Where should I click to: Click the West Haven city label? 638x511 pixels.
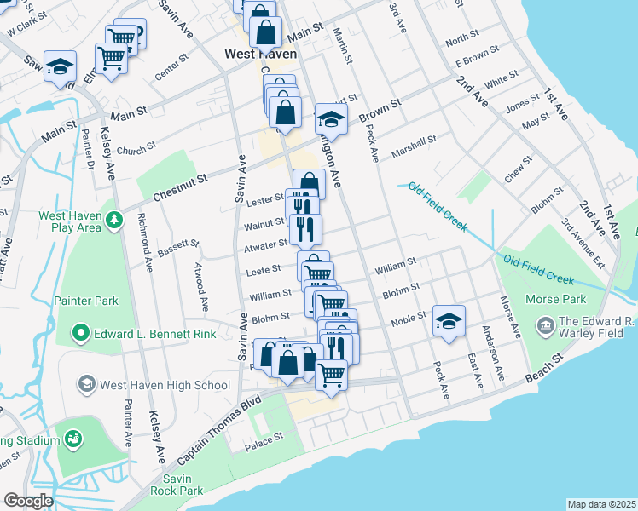(260, 54)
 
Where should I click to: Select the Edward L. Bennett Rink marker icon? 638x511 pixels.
(81, 333)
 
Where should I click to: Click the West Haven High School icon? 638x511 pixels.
(86, 385)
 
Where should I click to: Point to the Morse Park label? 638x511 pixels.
(556, 299)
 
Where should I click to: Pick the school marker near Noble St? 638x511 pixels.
(449, 320)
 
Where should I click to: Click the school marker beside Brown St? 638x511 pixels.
(331, 118)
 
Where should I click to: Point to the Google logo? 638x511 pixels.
(28, 500)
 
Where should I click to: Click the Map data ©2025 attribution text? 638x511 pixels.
(601, 504)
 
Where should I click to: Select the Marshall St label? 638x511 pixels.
(414, 146)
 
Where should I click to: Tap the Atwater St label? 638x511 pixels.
(266, 244)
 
